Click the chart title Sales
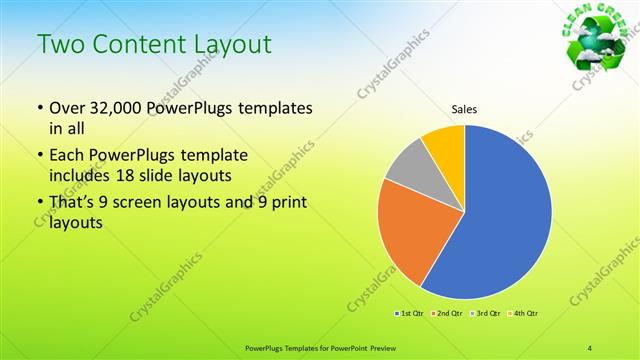coord(465,108)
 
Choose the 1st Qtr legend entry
coord(410,314)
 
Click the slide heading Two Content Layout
coord(155,45)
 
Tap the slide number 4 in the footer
coord(590,347)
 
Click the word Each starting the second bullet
coord(67,156)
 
